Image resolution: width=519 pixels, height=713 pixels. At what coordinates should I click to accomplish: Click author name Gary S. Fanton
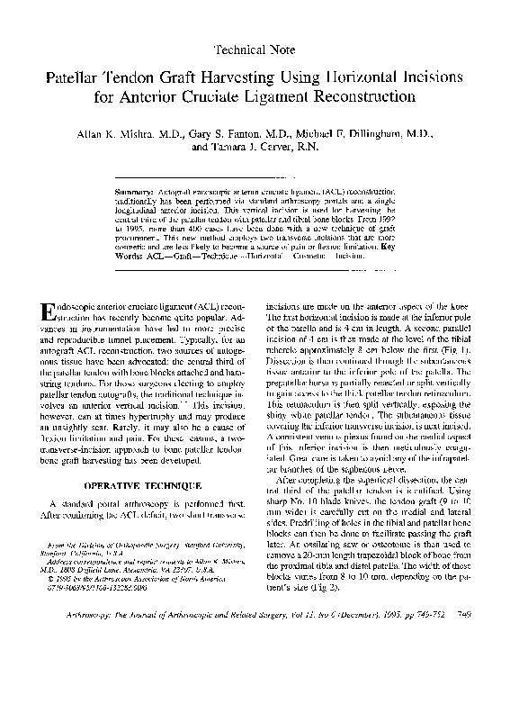click(x=221, y=132)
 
